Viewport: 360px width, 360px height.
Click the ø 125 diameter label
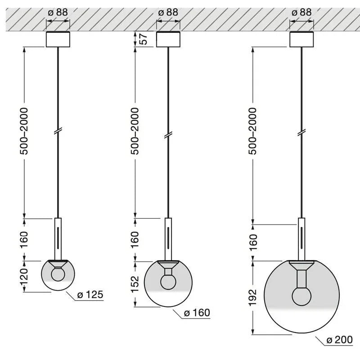[90, 295]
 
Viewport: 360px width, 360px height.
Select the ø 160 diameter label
[197, 313]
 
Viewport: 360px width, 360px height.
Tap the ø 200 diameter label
[339, 340]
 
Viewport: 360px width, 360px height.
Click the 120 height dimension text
[24, 276]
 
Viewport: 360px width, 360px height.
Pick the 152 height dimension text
[135, 284]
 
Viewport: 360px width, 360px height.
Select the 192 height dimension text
[252, 297]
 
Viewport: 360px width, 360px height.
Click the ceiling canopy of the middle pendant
[168, 39]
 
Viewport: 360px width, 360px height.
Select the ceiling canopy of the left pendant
[58, 39]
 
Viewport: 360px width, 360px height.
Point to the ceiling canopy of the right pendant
[301, 39]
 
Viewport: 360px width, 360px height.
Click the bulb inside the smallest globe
[58, 274]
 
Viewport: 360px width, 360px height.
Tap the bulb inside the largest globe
[301, 296]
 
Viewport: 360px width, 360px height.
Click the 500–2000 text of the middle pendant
[135, 131]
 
